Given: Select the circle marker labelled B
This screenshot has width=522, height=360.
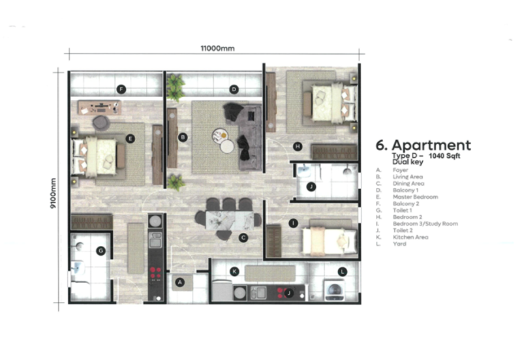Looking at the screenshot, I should point(183,137).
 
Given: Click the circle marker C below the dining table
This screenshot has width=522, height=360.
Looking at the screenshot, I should point(243,238).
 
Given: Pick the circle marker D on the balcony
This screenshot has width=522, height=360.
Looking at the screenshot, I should point(234,89).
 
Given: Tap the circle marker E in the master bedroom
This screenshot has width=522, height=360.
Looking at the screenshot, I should point(130,138).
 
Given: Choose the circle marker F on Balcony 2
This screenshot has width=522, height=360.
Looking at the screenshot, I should point(121,89).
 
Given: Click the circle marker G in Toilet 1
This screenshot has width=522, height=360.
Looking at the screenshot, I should point(100,250).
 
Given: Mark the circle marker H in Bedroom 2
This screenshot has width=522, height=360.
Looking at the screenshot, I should point(297,146).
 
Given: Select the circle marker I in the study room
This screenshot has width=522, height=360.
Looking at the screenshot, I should point(294,224).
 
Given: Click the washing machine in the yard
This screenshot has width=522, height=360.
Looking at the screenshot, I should point(334,290).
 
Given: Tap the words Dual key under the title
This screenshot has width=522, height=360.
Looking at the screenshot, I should point(407,163).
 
